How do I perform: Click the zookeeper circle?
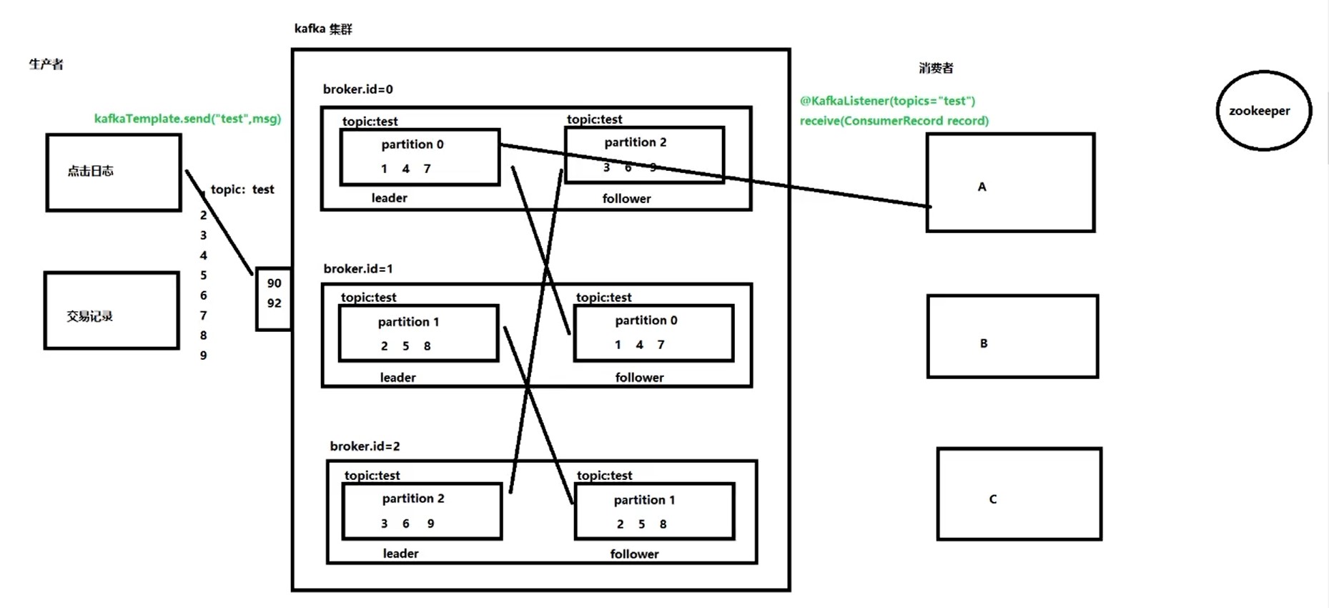(x=1263, y=110)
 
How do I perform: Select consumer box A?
(x=1010, y=182)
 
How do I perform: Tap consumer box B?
(x=1012, y=336)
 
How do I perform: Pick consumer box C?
(x=1019, y=494)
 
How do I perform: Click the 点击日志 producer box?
(x=113, y=172)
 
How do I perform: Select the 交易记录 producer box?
(x=111, y=310)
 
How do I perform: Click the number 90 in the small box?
(x=274, y=283)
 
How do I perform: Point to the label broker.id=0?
(x=357, y=89)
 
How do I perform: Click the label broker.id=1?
(x=357, y=269)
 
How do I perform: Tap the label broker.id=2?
(x=365, y=446)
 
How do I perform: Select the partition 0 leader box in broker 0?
(x=420, y=157)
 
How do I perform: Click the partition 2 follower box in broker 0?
(x=643, y=155)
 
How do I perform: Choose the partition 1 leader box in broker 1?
(x=418, y=333)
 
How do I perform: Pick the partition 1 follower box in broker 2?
(x=654, y=511)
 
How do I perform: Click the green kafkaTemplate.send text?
(x=187, y=119)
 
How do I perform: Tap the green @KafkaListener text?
(x=886, y=101)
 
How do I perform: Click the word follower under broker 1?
(x=639, y=378)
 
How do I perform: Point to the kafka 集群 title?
(x=323, y=29)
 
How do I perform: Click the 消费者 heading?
(x=935, y=68)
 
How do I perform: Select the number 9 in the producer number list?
(x=204, y=356)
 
